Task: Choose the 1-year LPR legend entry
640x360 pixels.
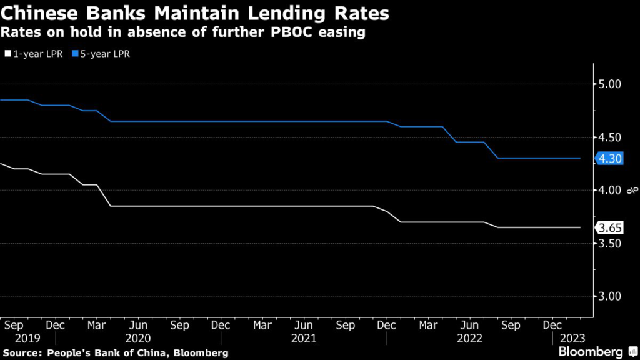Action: coord(35,54)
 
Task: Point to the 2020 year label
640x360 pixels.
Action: coord(138,338)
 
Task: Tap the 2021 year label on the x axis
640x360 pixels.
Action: coord(304,338)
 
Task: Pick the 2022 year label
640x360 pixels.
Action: coord(469,338)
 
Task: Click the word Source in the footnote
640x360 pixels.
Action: coord(23,353)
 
